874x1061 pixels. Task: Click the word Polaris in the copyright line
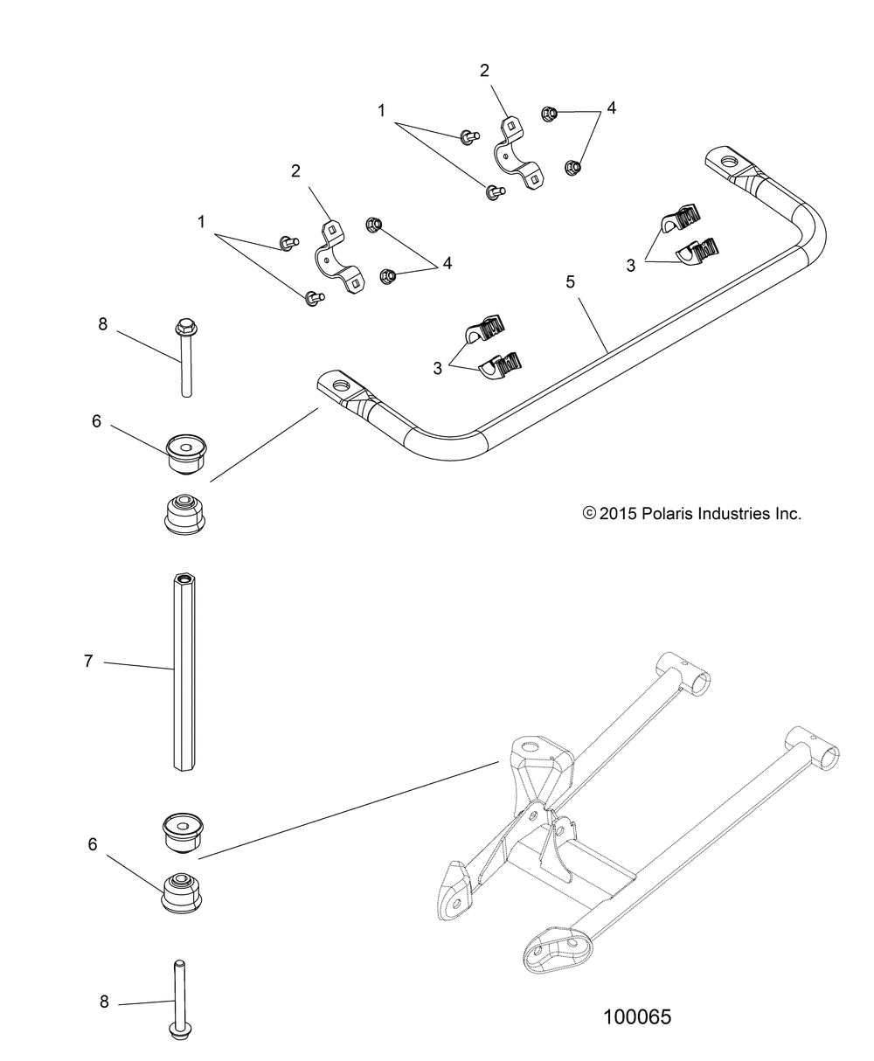click(x=667, y=514)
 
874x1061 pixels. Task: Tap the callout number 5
click(x=570, y=281)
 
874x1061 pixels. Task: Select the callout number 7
click(x=88, y=661)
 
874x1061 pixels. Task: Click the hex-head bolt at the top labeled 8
click(x=185, y=357)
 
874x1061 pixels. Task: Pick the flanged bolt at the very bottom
click(x=179, y=1000)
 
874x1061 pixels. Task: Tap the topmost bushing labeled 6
click(x=186, y=454)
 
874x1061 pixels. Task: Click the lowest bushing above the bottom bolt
click(x=182, y=894)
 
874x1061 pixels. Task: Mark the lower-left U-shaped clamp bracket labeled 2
click(x=339, y=256)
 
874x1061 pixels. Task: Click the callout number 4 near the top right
click(x=611, y=107)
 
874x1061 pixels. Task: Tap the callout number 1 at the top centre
click(x=382, y=110)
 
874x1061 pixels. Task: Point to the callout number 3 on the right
click(x=631, y=266)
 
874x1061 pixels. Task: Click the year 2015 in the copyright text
click(x=617, y=514)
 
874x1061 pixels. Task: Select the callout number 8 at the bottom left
click(x=104, y=988)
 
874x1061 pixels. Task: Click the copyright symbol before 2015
click(x=589, y=513)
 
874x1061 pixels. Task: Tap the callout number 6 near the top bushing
click(x=96, y=421)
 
